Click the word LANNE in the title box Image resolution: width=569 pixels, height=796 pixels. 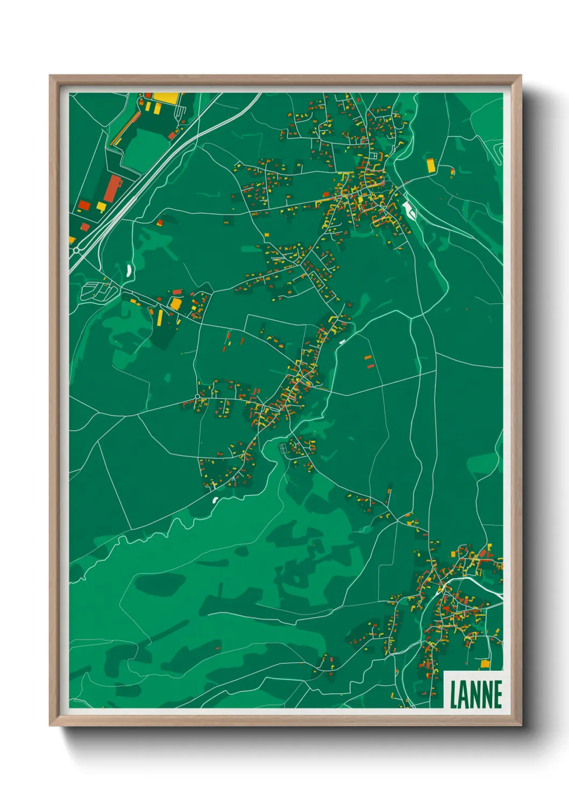(476, 694)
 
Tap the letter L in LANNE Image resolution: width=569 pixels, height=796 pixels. (454, 694)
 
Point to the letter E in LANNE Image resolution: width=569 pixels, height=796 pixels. (497, 694)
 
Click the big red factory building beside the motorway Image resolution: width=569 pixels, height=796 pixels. (113, 188)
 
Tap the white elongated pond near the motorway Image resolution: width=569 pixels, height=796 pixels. (129, 270)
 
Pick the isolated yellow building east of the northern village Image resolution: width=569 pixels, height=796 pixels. (430, 165)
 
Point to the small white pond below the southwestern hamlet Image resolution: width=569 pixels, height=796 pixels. (215, 501)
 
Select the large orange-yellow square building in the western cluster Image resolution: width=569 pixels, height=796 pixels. (176, 304)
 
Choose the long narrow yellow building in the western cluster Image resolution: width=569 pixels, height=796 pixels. (160, 317)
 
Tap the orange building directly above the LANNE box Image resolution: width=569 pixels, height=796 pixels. (485, 664)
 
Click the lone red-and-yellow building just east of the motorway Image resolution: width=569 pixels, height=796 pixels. (160, 222)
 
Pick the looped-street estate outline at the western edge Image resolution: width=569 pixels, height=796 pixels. (98, 291)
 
